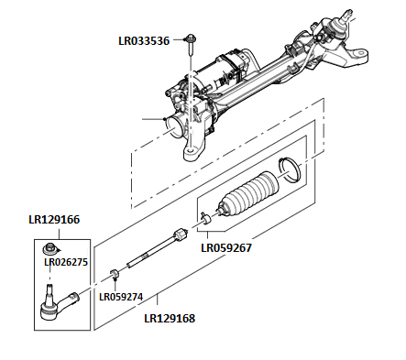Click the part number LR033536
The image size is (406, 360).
tap(144, 40)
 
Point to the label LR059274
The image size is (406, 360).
tap(122, 297)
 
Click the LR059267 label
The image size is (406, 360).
tap(225, 247)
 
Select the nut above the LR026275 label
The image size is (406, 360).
tap(55, 248)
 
